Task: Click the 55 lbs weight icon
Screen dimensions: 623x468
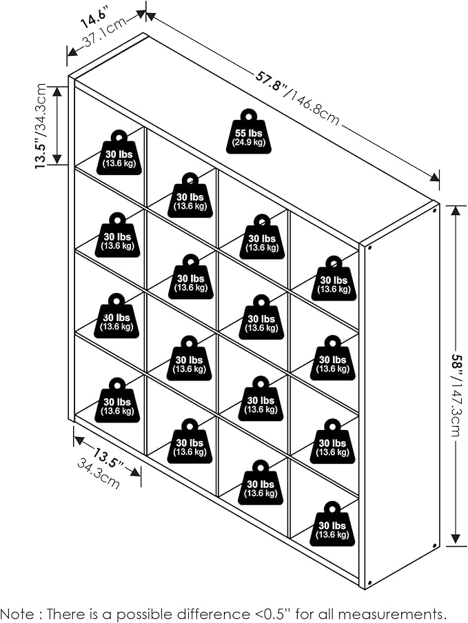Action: (x=248, y=134)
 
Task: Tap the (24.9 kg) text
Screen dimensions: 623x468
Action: (x=248, y=143)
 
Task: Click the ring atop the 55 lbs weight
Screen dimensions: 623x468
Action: (x=248, y=115)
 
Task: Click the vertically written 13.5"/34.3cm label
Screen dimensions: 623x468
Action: (x=41, y=126)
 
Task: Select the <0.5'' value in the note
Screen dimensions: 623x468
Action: (x=251, y=613)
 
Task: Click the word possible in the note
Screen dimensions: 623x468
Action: (x=131, y=613)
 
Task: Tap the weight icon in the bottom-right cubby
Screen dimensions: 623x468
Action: (x=332, y=525)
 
